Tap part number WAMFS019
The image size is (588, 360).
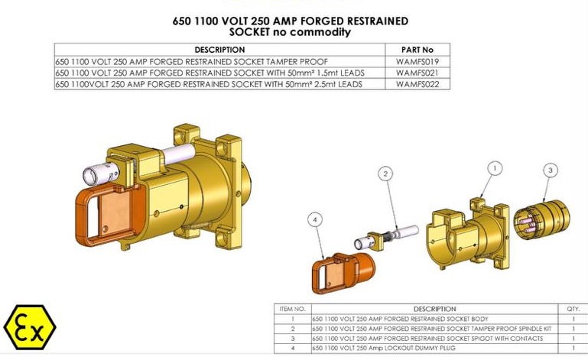(417, 61)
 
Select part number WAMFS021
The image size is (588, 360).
(417, 73)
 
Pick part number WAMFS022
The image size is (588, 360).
(417, 84)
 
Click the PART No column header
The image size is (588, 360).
(417, 50)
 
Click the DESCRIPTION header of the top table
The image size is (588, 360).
(219, 50)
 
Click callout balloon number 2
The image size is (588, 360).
(387, 174)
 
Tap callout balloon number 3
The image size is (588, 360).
(551, 170)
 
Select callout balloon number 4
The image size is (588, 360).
(315, 219)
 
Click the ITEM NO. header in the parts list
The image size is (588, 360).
(291, 309)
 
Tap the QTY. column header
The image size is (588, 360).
(573, 309)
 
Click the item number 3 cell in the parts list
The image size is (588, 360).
(291, 338)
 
